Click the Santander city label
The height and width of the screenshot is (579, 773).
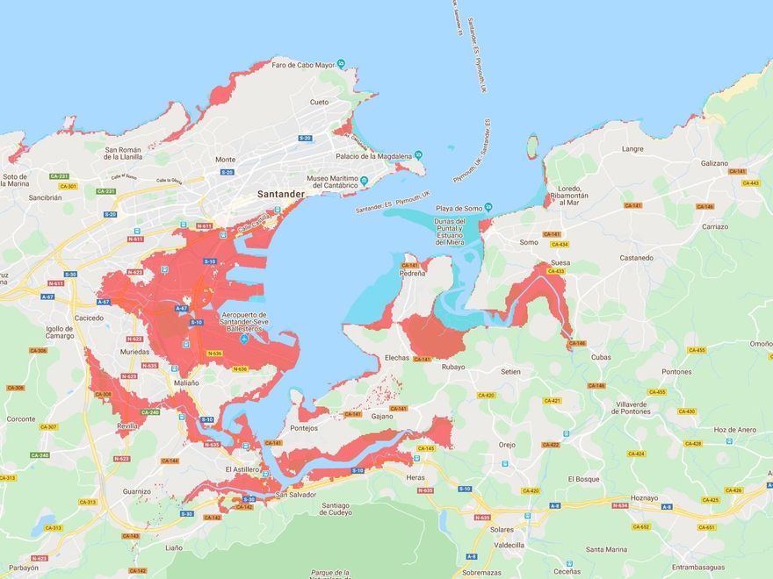[280, 193]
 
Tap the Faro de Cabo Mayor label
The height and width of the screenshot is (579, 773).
[303, 64]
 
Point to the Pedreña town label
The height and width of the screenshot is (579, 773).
[413, 273]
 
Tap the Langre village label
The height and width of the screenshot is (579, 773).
[632, 149]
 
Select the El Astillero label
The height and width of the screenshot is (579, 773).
[243, 468]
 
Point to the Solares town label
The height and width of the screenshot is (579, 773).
[502, 530]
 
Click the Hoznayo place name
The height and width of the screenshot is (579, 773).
[644, 497]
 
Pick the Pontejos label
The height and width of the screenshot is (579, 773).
[302, 427]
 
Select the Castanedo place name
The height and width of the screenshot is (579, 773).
[636, 258]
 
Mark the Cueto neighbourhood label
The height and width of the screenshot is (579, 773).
[319, 102]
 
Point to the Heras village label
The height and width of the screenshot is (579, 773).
[415, 477]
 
